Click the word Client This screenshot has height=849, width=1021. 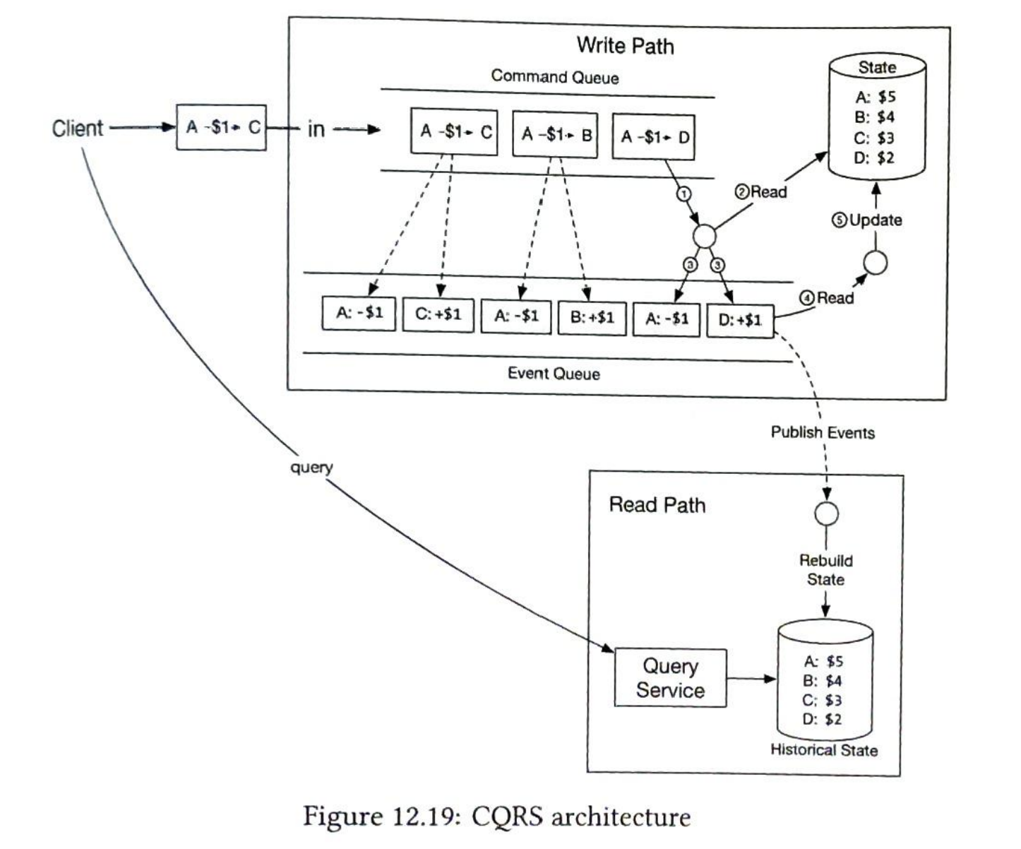coord(77,128)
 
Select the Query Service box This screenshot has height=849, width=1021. coord(670,678)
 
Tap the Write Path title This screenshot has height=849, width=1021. coord(626,45)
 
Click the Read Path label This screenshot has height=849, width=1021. coord(657,505)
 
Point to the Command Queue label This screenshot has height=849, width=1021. coord(555,76)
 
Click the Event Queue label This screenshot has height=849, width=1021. coord(554,374)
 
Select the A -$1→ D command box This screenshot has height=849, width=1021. coord(654,136)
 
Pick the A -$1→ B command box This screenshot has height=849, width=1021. coord(555,134)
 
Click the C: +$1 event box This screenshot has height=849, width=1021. coord(438,314)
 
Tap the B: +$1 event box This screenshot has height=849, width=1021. coord(592,318)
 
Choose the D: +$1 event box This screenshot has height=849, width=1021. coord(740,321)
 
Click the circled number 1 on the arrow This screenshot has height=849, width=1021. coord(683,194)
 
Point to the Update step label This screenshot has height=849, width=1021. coord(867,220)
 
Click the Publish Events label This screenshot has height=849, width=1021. coord(823,432)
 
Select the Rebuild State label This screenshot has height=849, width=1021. coord(826,570)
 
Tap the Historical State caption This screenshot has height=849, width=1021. coord(824,749)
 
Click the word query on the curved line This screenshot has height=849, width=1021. coord(311,468)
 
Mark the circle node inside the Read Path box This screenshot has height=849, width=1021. coord(826,513)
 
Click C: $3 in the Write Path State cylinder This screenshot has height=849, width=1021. coord(874,138)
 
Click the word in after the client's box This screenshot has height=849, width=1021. coord(316,129)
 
